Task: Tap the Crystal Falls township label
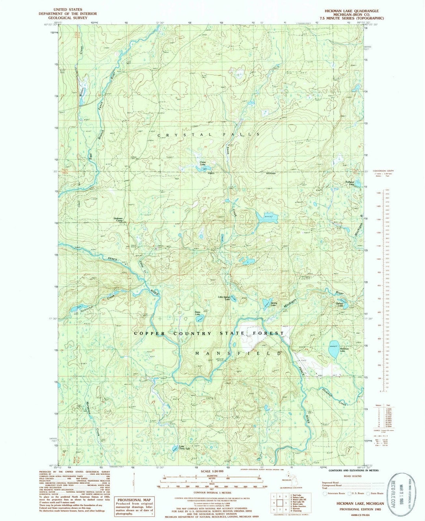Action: (208, 135)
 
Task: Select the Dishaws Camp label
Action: (118, 219)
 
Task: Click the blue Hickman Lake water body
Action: (334, 349)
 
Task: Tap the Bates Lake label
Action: (198, 313)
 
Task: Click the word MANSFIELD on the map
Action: (238, 353)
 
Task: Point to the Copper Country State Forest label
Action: (209, 333)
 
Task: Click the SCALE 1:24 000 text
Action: (212, 471)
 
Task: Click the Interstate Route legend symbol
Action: (325, 493)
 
